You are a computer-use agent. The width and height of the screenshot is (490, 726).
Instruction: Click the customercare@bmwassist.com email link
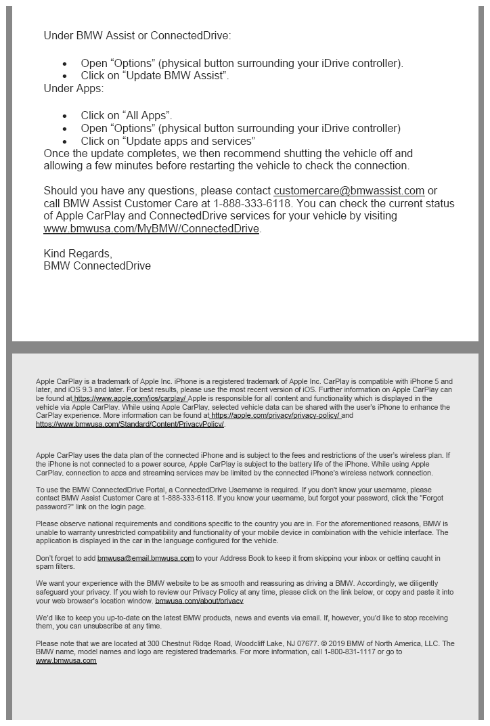pyautogui.click(x=349, y=191)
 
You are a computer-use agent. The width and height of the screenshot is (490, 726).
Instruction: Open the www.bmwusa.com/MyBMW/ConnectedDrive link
pyautogui.click(x=152, y=229)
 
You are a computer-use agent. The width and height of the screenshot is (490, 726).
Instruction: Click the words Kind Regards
pyautogui.click(x=77, y=253)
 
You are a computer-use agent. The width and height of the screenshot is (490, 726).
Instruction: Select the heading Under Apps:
pyautogui.click(x=74, y=88)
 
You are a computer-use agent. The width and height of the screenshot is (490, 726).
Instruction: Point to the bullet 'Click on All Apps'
pyautogui.click(x=127, y=116)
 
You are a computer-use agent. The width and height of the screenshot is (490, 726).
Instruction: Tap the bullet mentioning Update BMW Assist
pyautogui.click(x=155, y=76)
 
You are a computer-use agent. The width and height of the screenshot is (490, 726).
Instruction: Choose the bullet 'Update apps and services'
pyautogui.click(x=168, y=141)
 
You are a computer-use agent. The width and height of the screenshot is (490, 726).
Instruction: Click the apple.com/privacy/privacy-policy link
pyautogui.click(x=275, y=416)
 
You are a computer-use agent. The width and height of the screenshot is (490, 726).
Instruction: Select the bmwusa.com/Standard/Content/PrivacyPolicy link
pyautogui.click(x=130, y=425)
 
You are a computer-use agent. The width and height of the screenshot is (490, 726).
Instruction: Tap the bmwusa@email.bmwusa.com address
pyautogui.click(x=146, y=558)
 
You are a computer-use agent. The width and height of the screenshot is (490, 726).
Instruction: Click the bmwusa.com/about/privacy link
pyautogui.click(x=199, y=601)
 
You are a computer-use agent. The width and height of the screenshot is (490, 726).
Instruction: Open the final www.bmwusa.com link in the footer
pyautogui.click(x=66, y=660)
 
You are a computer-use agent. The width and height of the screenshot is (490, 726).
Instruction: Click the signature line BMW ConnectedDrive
pyautogui.click(x=97, y=266)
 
